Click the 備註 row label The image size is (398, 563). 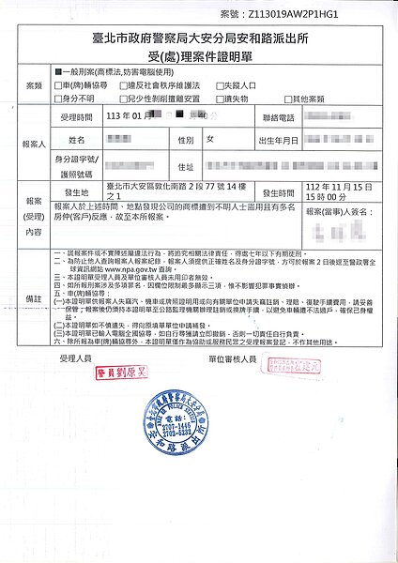pos(35,297)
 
